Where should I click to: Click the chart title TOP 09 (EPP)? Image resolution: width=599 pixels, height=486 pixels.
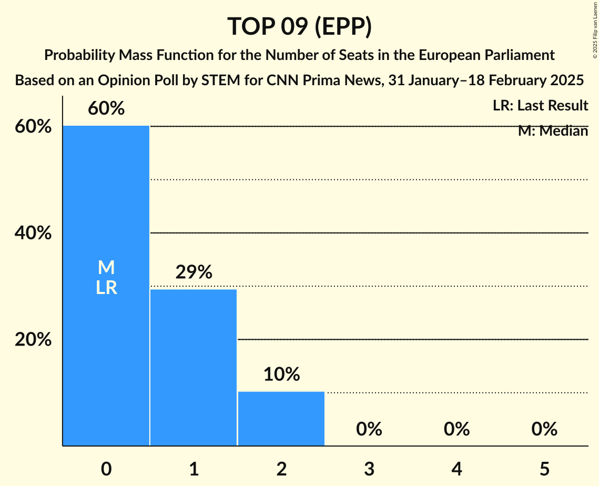coord(299,26)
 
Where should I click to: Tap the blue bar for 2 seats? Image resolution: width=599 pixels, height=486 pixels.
coord(281,419)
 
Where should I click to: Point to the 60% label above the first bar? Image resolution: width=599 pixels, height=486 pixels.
coord(106,109)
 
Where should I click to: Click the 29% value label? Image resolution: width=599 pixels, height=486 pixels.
coord(194,272)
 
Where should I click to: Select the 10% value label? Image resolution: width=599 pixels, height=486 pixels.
coord(281,374)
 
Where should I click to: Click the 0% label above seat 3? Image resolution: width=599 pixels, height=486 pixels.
coord(369,429)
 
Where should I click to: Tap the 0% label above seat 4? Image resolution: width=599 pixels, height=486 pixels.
coord(456,429)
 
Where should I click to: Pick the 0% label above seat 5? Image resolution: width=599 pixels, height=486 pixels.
coord(544,429)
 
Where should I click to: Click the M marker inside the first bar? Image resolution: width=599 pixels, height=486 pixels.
coord(106,268)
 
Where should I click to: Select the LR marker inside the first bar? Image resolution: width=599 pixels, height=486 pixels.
coord(106,288)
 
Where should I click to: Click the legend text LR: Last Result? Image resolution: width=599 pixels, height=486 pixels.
coord(540,106)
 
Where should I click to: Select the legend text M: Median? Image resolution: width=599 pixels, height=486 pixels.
coord(553,131)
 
